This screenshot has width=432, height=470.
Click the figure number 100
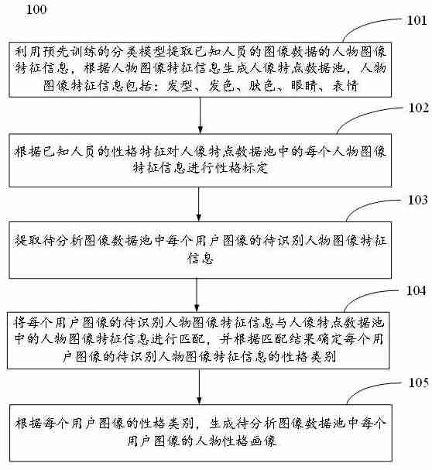[36, 9]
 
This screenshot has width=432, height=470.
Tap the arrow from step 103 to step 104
[201, 295]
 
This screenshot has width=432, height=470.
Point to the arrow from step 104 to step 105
[201, 385]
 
